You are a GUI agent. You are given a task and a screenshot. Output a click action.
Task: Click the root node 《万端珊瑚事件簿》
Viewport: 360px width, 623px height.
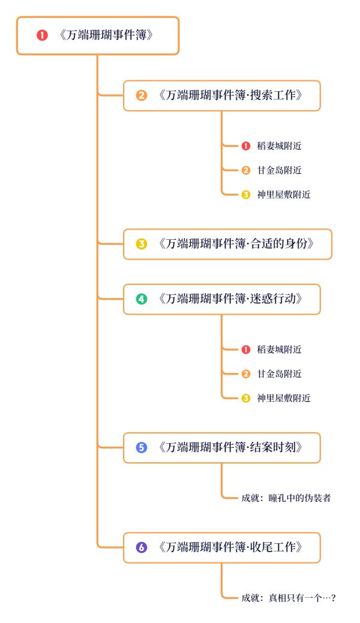[98, 35]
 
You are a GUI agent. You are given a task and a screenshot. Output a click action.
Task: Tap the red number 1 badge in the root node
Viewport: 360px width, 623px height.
[42, 35]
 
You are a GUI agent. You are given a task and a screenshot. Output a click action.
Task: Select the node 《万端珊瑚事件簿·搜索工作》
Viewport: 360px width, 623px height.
[222, 95]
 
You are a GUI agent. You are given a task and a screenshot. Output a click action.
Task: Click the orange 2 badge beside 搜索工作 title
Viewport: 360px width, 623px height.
[142, 95]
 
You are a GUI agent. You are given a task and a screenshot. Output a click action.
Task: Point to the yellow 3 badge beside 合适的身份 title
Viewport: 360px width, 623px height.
[142, 244]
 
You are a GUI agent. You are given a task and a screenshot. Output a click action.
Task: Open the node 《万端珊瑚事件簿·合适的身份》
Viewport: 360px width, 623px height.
[227, 244]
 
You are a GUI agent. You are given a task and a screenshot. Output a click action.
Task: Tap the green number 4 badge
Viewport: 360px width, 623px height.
[142, 299]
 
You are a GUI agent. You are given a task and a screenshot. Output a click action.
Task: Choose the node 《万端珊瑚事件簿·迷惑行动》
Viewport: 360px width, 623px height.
[222, 299]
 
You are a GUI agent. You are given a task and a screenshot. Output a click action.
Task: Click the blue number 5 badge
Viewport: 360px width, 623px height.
[142, 447]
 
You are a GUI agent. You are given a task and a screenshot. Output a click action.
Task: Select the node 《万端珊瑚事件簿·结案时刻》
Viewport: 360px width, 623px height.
[222, 447]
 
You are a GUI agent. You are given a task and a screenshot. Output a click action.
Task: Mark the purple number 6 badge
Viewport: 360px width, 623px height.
[142, 547]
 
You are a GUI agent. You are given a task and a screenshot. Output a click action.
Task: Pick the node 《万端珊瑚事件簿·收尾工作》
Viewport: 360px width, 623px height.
[222, 547]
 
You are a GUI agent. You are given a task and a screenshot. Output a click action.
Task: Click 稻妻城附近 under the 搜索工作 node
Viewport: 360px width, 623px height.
[279, 146]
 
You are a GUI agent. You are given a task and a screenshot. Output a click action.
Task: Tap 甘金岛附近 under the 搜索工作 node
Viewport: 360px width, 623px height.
[279, 170]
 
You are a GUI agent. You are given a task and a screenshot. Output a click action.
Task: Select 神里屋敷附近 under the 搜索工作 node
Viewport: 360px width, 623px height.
[284, 194]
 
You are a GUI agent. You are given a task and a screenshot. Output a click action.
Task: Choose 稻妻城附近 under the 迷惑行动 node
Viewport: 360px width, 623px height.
[279, 350]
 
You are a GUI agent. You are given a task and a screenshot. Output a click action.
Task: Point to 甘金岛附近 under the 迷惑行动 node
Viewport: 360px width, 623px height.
[279, 374]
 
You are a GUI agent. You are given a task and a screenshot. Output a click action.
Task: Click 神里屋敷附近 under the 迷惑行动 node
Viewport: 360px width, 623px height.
[284, 398]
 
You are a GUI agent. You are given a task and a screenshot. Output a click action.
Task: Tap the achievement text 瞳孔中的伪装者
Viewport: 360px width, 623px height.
[299, 498]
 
